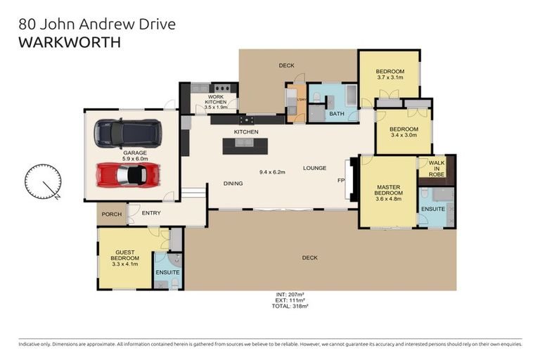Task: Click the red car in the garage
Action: [127, 174]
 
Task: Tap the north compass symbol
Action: [41, 182]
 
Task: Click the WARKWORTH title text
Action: [69, 42]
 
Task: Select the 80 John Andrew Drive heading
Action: [97, 25]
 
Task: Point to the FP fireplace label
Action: [342, 180]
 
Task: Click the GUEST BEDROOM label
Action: [125, 258]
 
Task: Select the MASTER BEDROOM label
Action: [387, 192]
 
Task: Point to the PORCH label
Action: [111, 214]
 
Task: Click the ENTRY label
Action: [151, 213]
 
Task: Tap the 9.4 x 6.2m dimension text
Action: [274, 172]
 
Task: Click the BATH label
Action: [336, 113]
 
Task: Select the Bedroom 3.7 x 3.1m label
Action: [390, 75]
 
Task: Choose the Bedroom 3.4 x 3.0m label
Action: [404, 132]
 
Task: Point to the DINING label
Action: [233, 184]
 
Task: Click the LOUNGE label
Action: [314, 168]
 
